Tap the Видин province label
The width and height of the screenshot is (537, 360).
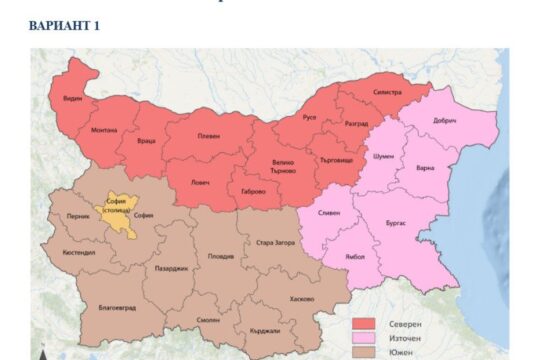tap(72, 98)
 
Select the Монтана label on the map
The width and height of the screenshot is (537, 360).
tap(104, 130)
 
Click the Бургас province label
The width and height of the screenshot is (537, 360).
tap(396, 222)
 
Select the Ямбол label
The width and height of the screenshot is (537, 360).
tap(355, 258)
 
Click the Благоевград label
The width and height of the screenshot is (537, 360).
tap(118, 308)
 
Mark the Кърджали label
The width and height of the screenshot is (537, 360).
tap(251, 331)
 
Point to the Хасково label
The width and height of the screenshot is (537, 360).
tap(300, 299)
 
